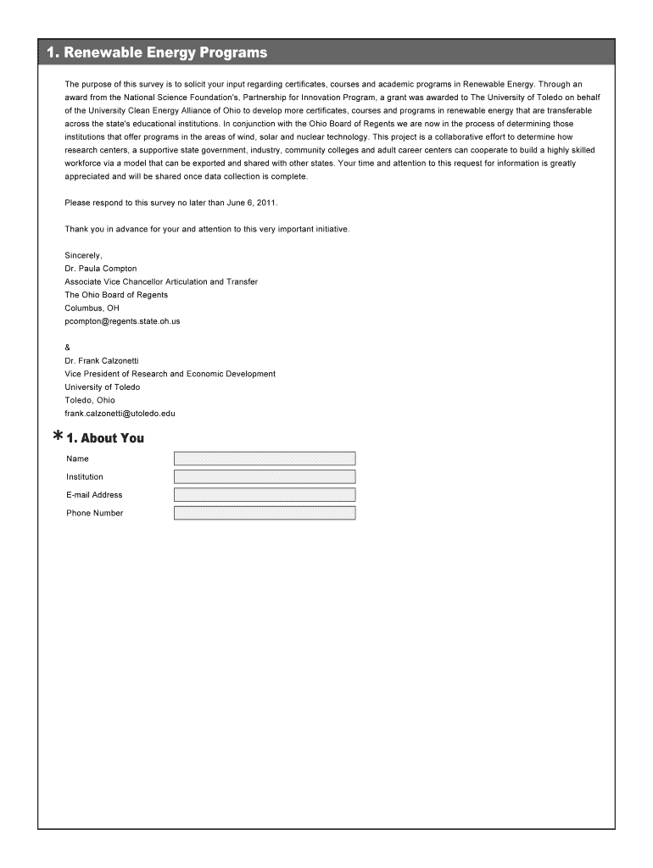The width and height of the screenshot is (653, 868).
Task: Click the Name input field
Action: click(x=265, y=459)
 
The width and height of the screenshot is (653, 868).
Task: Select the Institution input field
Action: click(x=265, y=476)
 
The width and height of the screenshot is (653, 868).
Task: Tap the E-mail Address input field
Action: click(x=265, y=495)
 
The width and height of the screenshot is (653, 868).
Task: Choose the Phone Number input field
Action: click(x=265, y=513)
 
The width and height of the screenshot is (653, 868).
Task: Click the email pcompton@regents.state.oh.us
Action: click(x=122, y=321)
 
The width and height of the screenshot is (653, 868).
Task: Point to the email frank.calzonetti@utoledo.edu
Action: click(x=120, y=414)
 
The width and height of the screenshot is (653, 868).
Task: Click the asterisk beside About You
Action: click(x=57, y=437)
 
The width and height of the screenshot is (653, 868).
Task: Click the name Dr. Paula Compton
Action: click(x=101, y=269)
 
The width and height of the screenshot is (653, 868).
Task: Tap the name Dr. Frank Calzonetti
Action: click(x=102, y=360)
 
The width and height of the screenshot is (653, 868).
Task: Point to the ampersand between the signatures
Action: click(x=68, y=348)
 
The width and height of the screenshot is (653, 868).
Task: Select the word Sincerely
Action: click(x=83, y=255)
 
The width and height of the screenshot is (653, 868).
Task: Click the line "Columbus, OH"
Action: click(x=92, y=308)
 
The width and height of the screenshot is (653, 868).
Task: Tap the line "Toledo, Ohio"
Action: click(x=90, y=400)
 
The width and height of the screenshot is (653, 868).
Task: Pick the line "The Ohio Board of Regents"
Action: click(x=116, y=295)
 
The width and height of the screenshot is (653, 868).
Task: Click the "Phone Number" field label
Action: click(x=95, y=513)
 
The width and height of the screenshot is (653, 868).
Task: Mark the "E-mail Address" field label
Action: click(x=94, y=495)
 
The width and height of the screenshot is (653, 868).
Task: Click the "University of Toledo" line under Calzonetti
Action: click(x=103, y=387)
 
